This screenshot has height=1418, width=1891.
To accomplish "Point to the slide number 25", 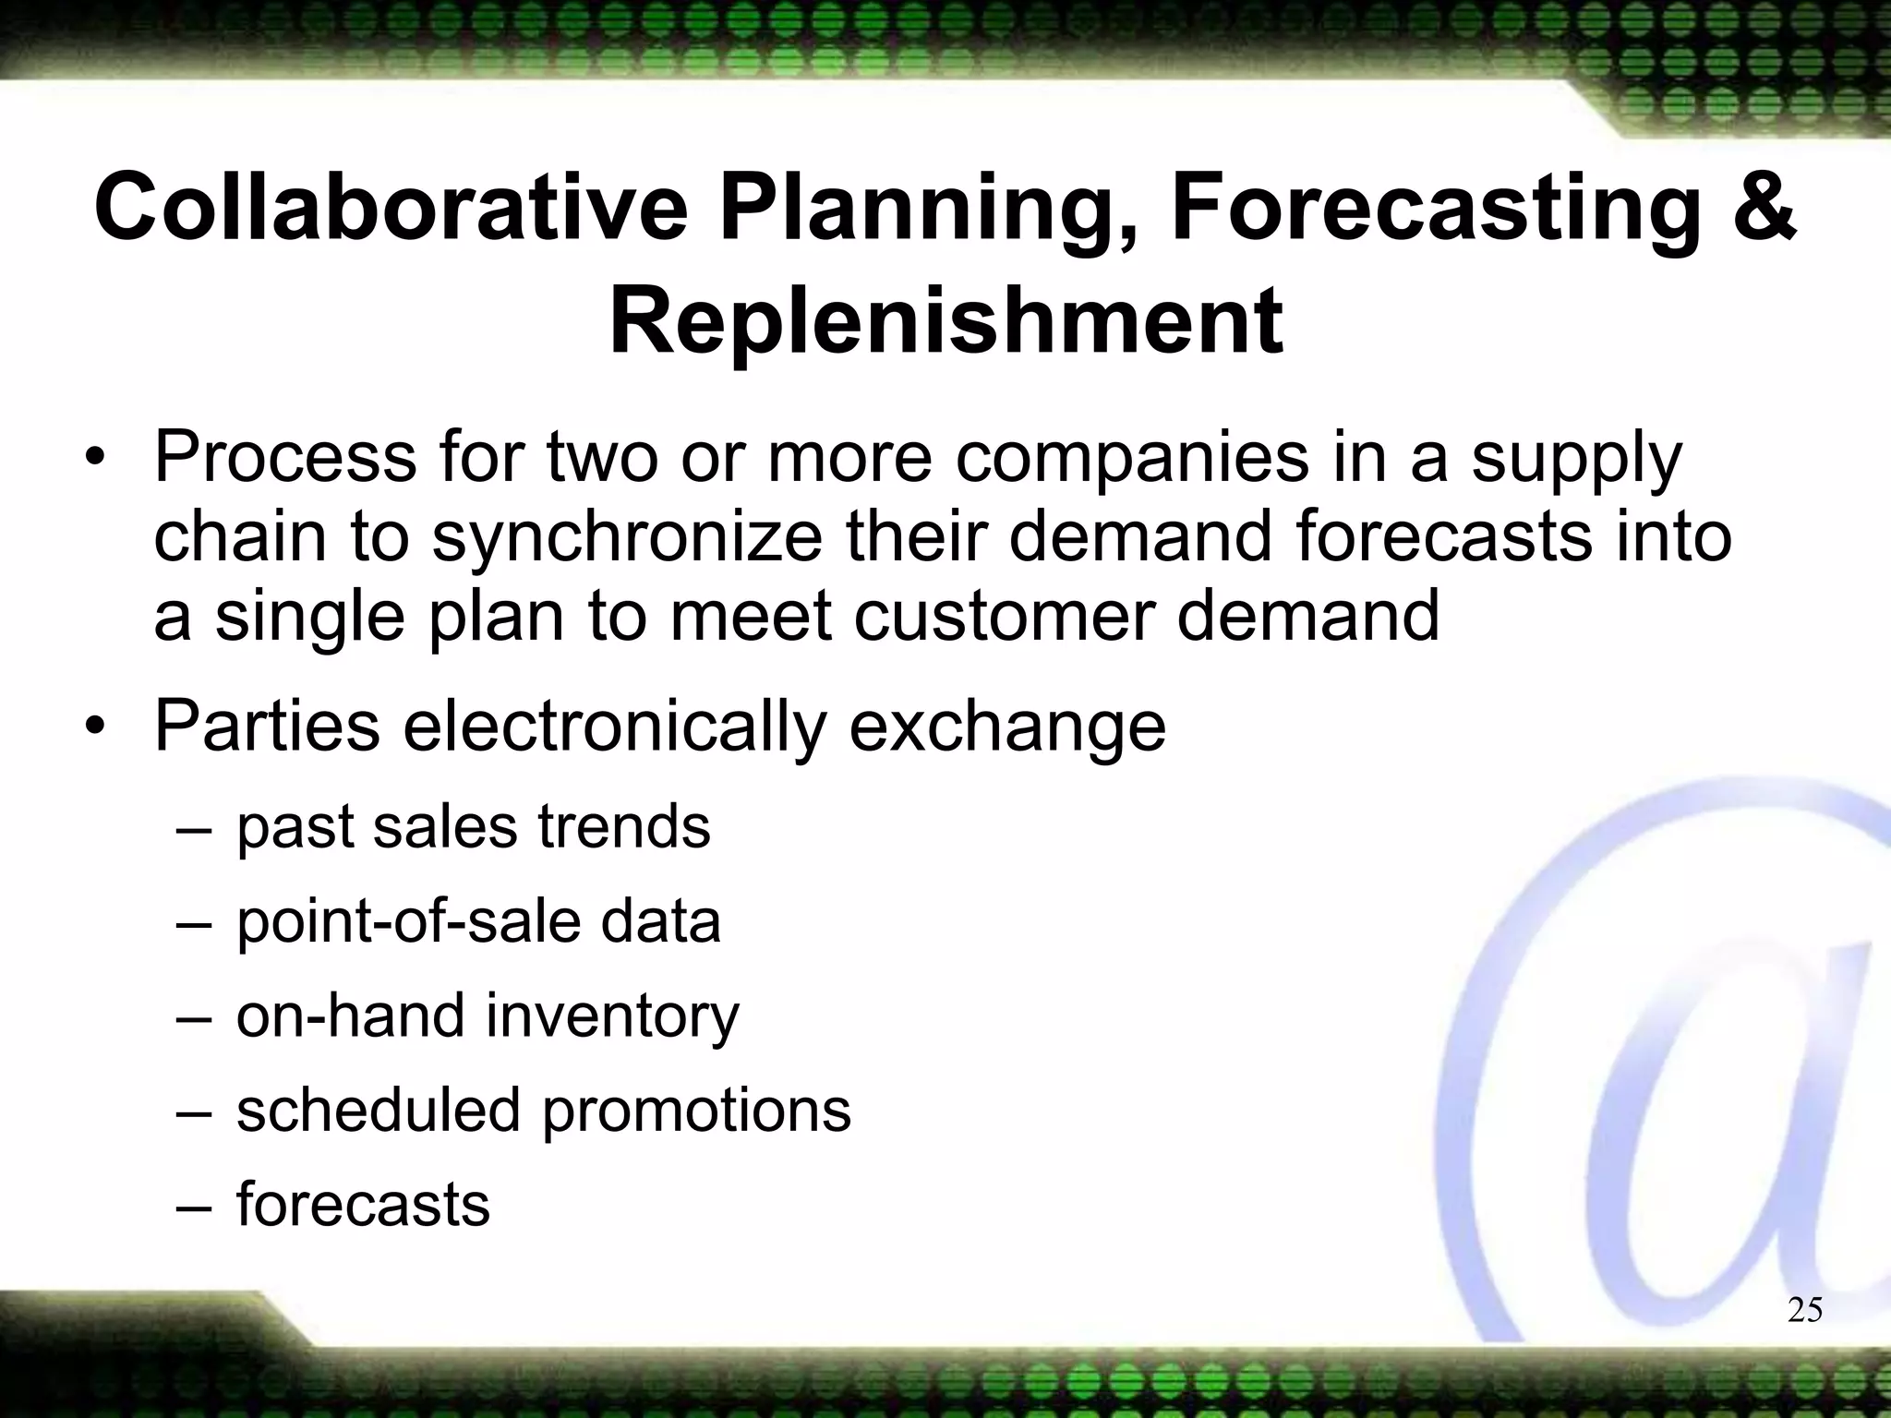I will [1805, 1310].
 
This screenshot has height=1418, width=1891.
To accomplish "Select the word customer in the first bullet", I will [1003, 617].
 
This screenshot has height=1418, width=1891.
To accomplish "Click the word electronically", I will [613, 727].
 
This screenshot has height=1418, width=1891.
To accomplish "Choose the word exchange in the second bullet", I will [1007, 727].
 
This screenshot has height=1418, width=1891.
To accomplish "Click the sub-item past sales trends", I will [473, 826].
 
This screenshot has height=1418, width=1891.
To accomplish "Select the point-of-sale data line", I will [478, 921].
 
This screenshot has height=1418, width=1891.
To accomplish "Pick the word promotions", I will [695, 1110].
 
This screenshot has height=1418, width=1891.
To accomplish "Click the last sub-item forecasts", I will [363, 1205].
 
